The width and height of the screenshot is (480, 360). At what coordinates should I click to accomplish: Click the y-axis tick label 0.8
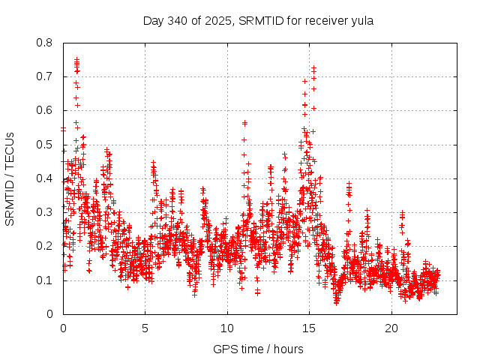pos(45,43)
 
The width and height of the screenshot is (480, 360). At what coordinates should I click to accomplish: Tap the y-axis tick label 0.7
pos(45,76)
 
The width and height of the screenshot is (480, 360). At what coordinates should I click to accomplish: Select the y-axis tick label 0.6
pos(45,110)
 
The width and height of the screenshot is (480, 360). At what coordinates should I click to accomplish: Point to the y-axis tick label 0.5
pos(45,145)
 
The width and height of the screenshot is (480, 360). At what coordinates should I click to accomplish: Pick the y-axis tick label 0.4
pos(45,178)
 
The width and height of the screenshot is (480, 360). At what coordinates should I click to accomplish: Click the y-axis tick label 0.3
pos(45,212)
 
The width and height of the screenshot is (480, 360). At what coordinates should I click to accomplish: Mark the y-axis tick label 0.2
pos(45,246)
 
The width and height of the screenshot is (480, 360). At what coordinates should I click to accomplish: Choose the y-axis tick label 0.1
pos(45,280)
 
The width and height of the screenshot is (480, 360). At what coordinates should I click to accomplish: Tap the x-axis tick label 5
pos(145,328)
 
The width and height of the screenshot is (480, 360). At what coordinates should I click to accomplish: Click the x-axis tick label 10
pos(227,328)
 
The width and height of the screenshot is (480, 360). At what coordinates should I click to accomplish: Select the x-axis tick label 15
pos(310,328)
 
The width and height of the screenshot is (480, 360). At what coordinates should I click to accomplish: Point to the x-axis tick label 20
pos(391,328)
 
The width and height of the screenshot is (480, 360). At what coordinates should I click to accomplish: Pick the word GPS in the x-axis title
pos(224,349)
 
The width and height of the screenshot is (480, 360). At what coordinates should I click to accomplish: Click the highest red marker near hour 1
pos(76,58)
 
